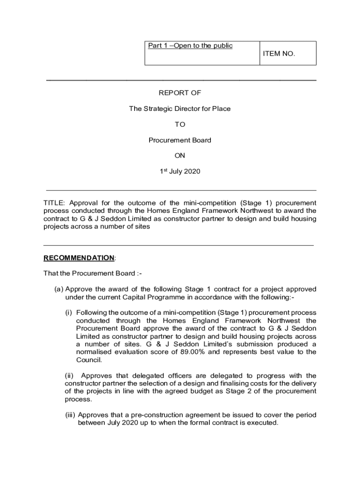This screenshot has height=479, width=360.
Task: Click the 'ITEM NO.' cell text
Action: [279, 53]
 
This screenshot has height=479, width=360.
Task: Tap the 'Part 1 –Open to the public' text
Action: [190, 46]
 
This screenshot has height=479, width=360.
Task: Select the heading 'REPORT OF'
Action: [180, 93]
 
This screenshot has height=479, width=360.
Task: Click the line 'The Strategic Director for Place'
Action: [180, 109]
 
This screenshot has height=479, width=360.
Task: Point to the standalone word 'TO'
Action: [180, 124]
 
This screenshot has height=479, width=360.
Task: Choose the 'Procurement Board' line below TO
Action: [180, 140]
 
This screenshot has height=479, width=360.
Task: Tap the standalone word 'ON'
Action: [180, 155]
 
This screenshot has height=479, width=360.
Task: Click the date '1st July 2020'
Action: [180, 171]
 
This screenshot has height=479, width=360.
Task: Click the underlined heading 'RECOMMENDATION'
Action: [79, 258]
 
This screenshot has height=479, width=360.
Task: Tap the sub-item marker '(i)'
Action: [69, 312]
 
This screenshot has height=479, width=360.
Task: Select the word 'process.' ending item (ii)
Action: [78, 399]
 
